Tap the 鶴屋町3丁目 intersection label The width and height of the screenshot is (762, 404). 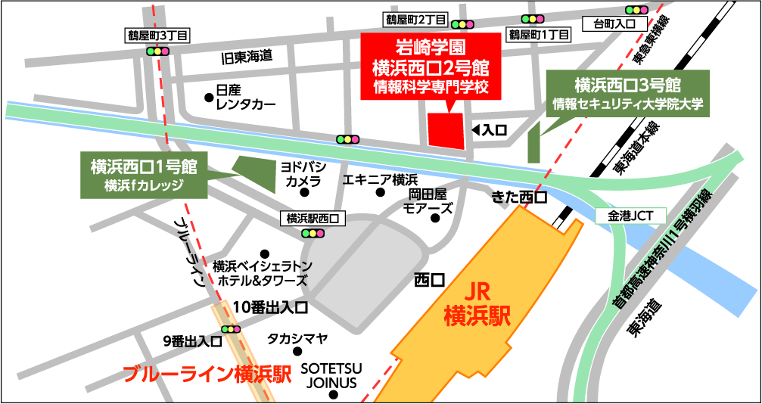click(158, 34)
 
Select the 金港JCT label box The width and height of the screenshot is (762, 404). click(630, 216)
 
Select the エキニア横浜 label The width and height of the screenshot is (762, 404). click(380, 179)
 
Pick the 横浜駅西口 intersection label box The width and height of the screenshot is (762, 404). click(312, 218)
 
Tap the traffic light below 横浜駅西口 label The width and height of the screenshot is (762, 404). click(312, 234)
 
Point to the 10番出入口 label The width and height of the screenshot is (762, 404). click(270, 307)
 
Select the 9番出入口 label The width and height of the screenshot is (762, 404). click(192, 341)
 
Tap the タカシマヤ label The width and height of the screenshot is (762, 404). click(297, 338)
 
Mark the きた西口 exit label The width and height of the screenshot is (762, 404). click(519, 197)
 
